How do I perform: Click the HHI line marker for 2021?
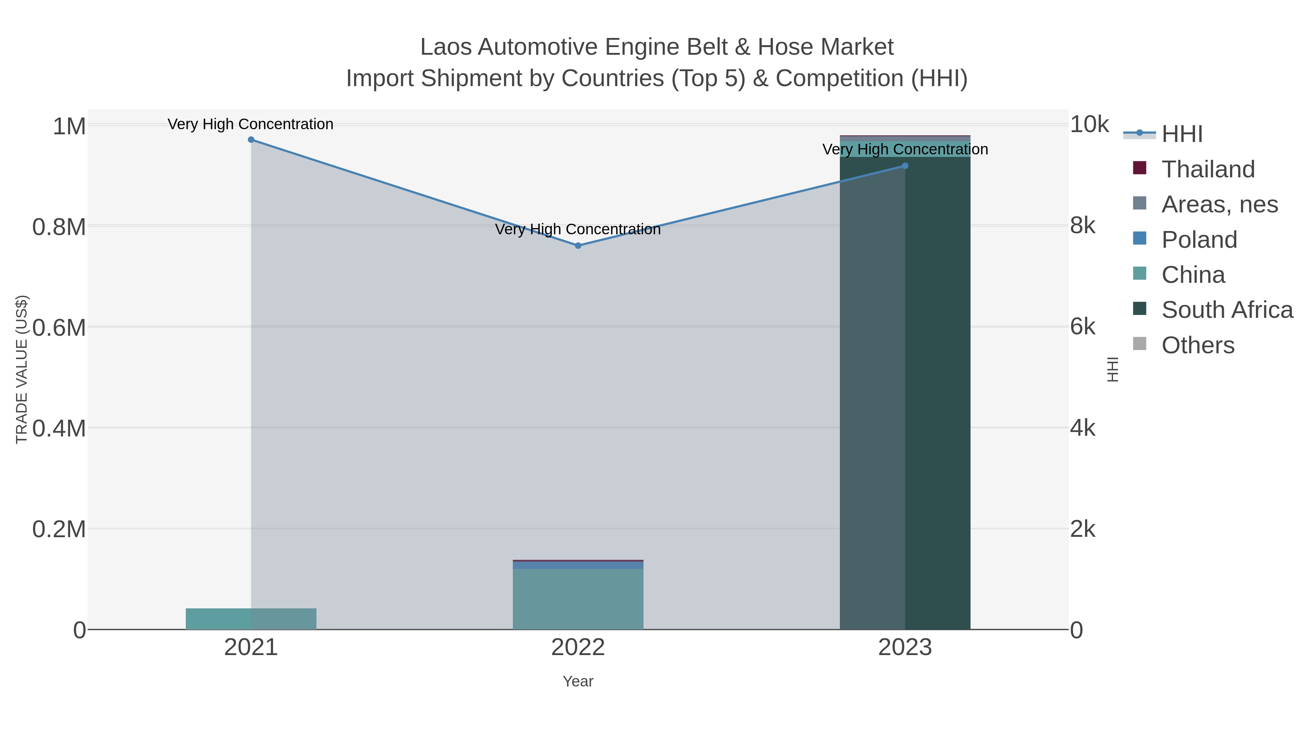[251, 140]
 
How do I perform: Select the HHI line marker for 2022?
[578, 246]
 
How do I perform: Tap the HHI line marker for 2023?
[905, 166]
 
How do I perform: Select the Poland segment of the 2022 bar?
[578, 565]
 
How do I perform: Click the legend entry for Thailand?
[1208, 169]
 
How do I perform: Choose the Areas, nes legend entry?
[1219, 204]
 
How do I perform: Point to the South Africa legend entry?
[1227, 310]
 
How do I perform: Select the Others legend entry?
[1198, 345]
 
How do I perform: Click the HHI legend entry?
[1182, 134]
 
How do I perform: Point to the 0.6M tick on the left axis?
[59, 327]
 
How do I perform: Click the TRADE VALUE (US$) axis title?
[22, 369]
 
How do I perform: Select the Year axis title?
[578, 681]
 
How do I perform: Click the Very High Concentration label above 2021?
[250, 124]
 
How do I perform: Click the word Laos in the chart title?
[445, 47]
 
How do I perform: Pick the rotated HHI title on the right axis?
[1113, 369]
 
